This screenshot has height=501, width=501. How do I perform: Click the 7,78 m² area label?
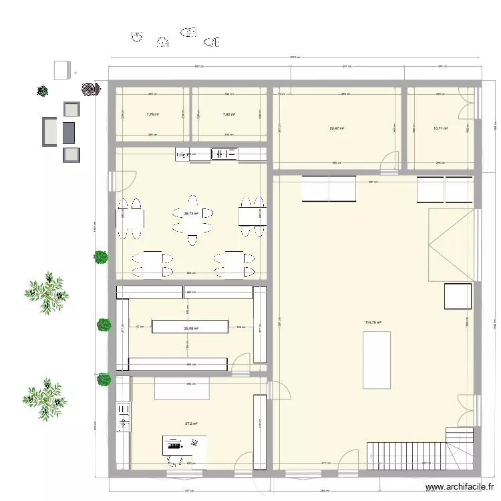[152, 114]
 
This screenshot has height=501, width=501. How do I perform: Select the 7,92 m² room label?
[229, 114]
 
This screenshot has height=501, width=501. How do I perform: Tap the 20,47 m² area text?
[336, 128]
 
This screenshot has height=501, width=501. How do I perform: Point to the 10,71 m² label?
[440, 128]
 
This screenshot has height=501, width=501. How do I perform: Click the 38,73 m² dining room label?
[192, 214]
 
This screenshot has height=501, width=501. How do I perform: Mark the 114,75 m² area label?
[373, 323]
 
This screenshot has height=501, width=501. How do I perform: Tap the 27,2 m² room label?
[191, 424]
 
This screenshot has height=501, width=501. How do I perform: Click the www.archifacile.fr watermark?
[460, 488]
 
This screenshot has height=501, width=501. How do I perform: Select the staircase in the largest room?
[404, 456]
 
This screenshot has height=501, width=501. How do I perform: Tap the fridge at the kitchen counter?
[182, 154]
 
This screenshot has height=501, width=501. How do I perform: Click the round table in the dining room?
[192, 220]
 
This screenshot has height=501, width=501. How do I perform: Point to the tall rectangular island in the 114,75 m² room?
[377, 359]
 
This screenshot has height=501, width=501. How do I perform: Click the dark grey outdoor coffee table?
[69, 132]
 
